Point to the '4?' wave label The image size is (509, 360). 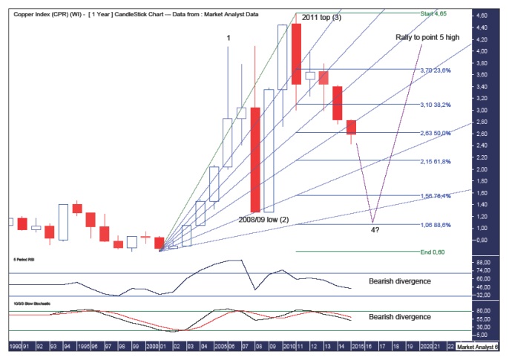click(x=375, y=230)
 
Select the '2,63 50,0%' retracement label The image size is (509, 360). click(x=436, y=134)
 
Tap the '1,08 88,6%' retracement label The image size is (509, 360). click(x=436, y=225)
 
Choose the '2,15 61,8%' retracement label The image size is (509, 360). click(x=436, y=161)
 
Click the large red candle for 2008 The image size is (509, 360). click(x=254, y=160)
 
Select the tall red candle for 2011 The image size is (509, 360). click(x=296, y=53)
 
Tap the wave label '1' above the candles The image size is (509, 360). click(x=228, y=38)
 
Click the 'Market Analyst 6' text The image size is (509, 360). click(x=479, y=346)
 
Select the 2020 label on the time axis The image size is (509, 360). click(x=425, y=346)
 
